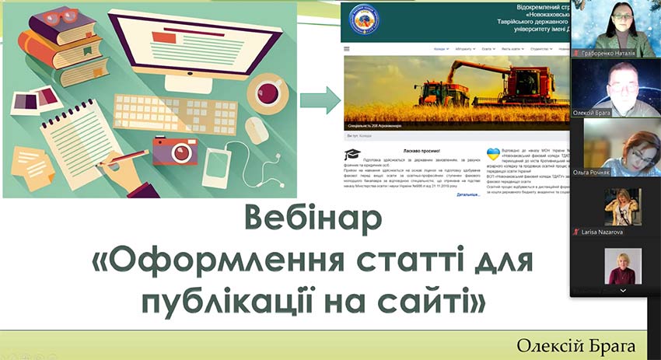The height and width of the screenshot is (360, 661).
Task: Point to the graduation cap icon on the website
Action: pos(352,155)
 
